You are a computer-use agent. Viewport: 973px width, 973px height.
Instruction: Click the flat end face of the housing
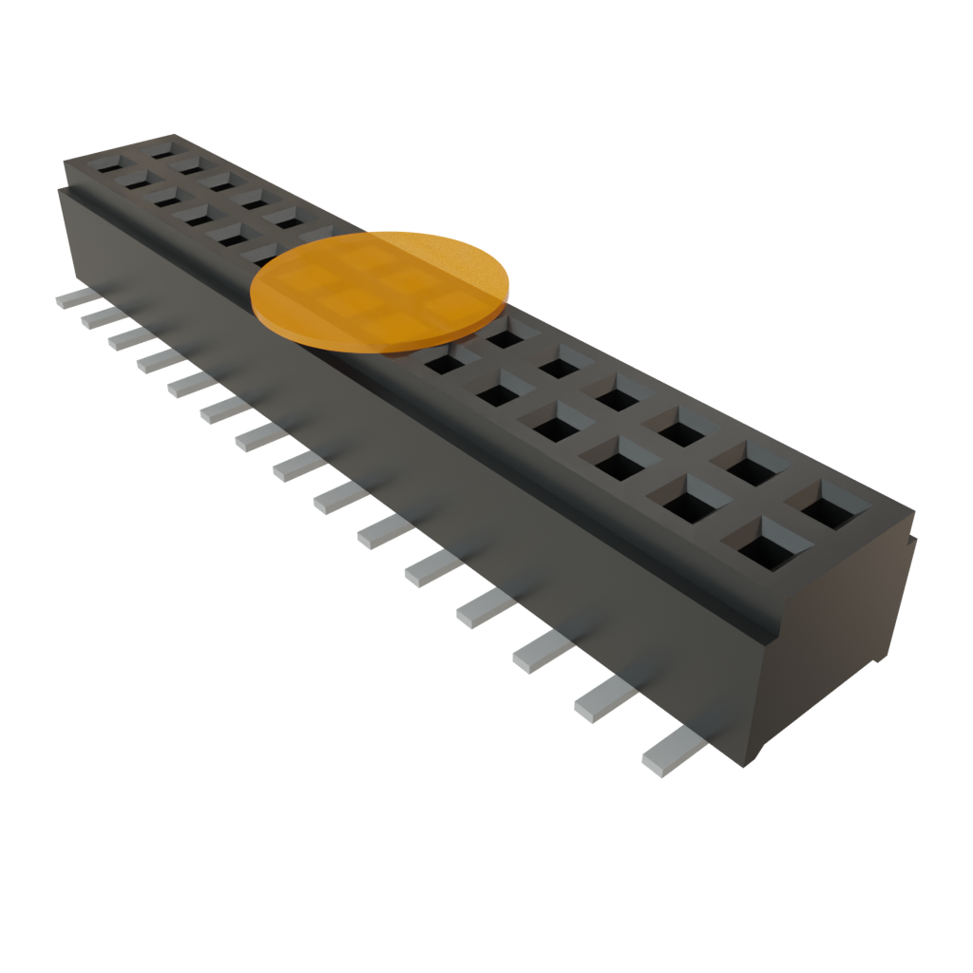click(x=836, y=646)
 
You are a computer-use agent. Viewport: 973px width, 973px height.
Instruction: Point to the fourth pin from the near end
click(x=485, y=608)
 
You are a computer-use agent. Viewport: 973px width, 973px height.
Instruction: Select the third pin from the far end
click(x=129, y=338)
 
